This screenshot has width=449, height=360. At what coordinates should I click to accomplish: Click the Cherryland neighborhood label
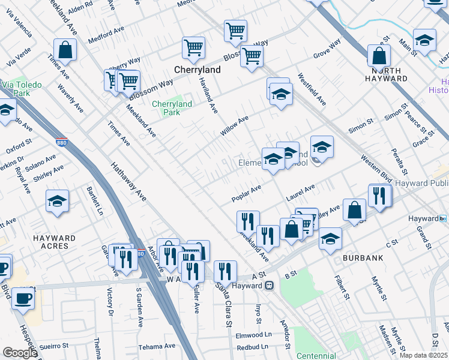(x=197, y=70)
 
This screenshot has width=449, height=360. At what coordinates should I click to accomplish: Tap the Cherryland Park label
(x=172, y=108)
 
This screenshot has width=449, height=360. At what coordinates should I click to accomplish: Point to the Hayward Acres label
(x=55, y=242)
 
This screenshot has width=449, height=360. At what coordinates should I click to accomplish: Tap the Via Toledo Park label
(x=21, y=89)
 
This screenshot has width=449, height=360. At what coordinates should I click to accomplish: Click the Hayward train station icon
(x=270, y=286)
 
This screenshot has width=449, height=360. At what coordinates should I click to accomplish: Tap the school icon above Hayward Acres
(x=57, y=201)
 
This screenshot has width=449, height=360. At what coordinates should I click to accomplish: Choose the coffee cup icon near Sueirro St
(x=23, y=298)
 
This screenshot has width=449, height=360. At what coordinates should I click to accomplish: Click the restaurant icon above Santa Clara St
(x=224, y=271)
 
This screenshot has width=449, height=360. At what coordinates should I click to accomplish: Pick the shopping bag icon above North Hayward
(x=379, y=56)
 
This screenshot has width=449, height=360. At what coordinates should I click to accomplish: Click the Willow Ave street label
(x=234, y=125)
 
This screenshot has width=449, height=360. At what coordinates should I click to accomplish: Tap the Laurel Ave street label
(x=301, y=193)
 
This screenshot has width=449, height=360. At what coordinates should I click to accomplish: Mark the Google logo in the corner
(x=20, y=353)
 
